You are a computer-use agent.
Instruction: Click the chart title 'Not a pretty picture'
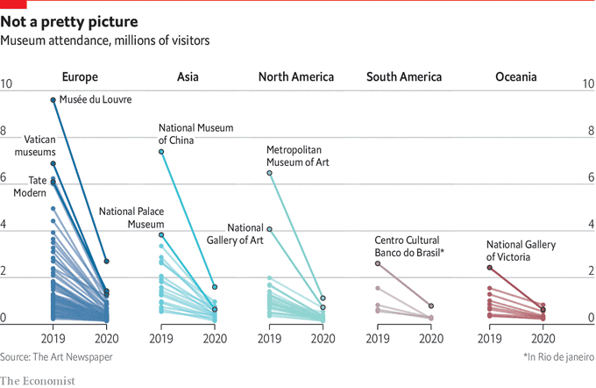click(x=68, y=20)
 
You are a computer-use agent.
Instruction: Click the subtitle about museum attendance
click(x=105, y=40)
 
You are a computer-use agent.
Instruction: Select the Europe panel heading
click(x=80, y=77)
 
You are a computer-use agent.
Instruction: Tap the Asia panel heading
click(x=187, y=77)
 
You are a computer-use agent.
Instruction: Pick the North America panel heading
click(x=295, y=77)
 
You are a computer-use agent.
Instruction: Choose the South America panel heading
click(x=404, y=77)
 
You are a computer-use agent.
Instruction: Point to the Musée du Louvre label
click(x=96, y=100)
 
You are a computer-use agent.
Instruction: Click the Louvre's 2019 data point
click(x=53, y=100)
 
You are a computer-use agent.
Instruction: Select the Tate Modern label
click(x=31, y=186)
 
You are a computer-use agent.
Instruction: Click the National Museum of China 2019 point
click(x=161, y=152)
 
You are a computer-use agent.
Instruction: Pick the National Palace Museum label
click(x=131, y=218)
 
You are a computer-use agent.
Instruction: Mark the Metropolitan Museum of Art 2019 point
click(x=269, y=173)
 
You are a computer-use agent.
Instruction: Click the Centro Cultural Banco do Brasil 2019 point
click(x=378, y=263)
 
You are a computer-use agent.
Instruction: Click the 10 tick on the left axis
click(x=7, y=84)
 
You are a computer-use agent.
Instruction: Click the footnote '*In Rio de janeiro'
click(x=557, y=356)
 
